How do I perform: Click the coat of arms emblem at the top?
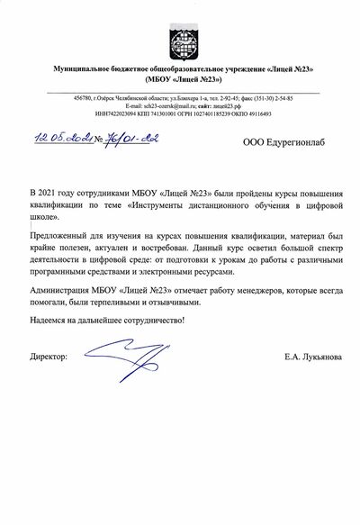[179, 38]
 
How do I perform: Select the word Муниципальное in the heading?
[89, 68]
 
